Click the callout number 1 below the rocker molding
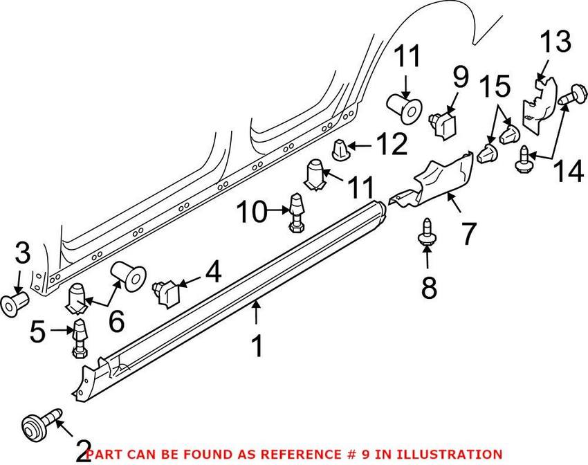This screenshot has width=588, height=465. coord(257,346)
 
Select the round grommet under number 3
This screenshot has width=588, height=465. coord(15,302)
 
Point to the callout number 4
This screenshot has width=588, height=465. coord(212,272)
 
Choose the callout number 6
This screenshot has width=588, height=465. coord(116,320)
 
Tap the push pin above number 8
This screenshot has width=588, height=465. coord(427,232)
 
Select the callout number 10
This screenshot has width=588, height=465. coord(252,212)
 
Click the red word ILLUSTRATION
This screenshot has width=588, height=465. coord(445,454)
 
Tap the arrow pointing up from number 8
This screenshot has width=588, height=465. coord(428,258)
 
